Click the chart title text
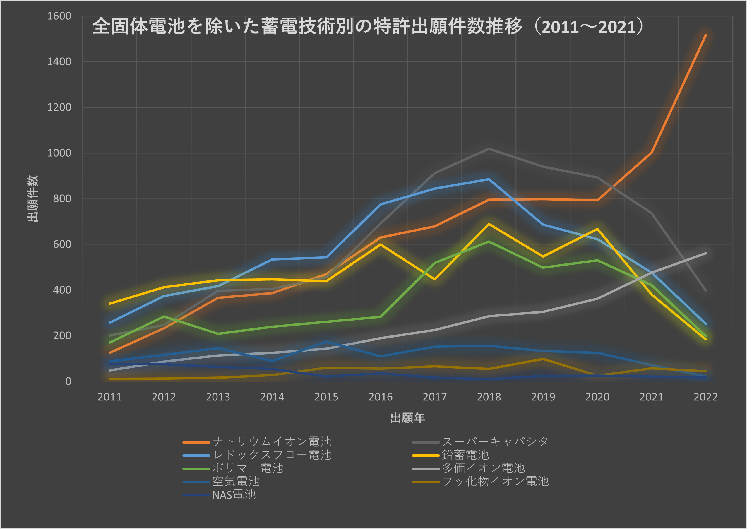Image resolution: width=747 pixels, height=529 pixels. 367,26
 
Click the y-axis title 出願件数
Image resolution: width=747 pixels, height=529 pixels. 32,198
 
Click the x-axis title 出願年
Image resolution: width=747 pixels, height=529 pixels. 407,418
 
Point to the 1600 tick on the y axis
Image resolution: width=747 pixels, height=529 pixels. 59,16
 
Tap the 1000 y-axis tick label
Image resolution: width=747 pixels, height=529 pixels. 59,153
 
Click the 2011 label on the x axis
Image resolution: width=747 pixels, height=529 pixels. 109,397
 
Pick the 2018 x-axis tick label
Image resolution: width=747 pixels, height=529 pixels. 489,397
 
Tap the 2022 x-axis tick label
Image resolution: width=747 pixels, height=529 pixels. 705,397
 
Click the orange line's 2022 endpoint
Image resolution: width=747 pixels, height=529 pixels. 705,35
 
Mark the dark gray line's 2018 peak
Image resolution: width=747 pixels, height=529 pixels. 489,149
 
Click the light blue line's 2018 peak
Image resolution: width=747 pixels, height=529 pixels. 489,179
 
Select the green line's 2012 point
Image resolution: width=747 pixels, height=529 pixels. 164,316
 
